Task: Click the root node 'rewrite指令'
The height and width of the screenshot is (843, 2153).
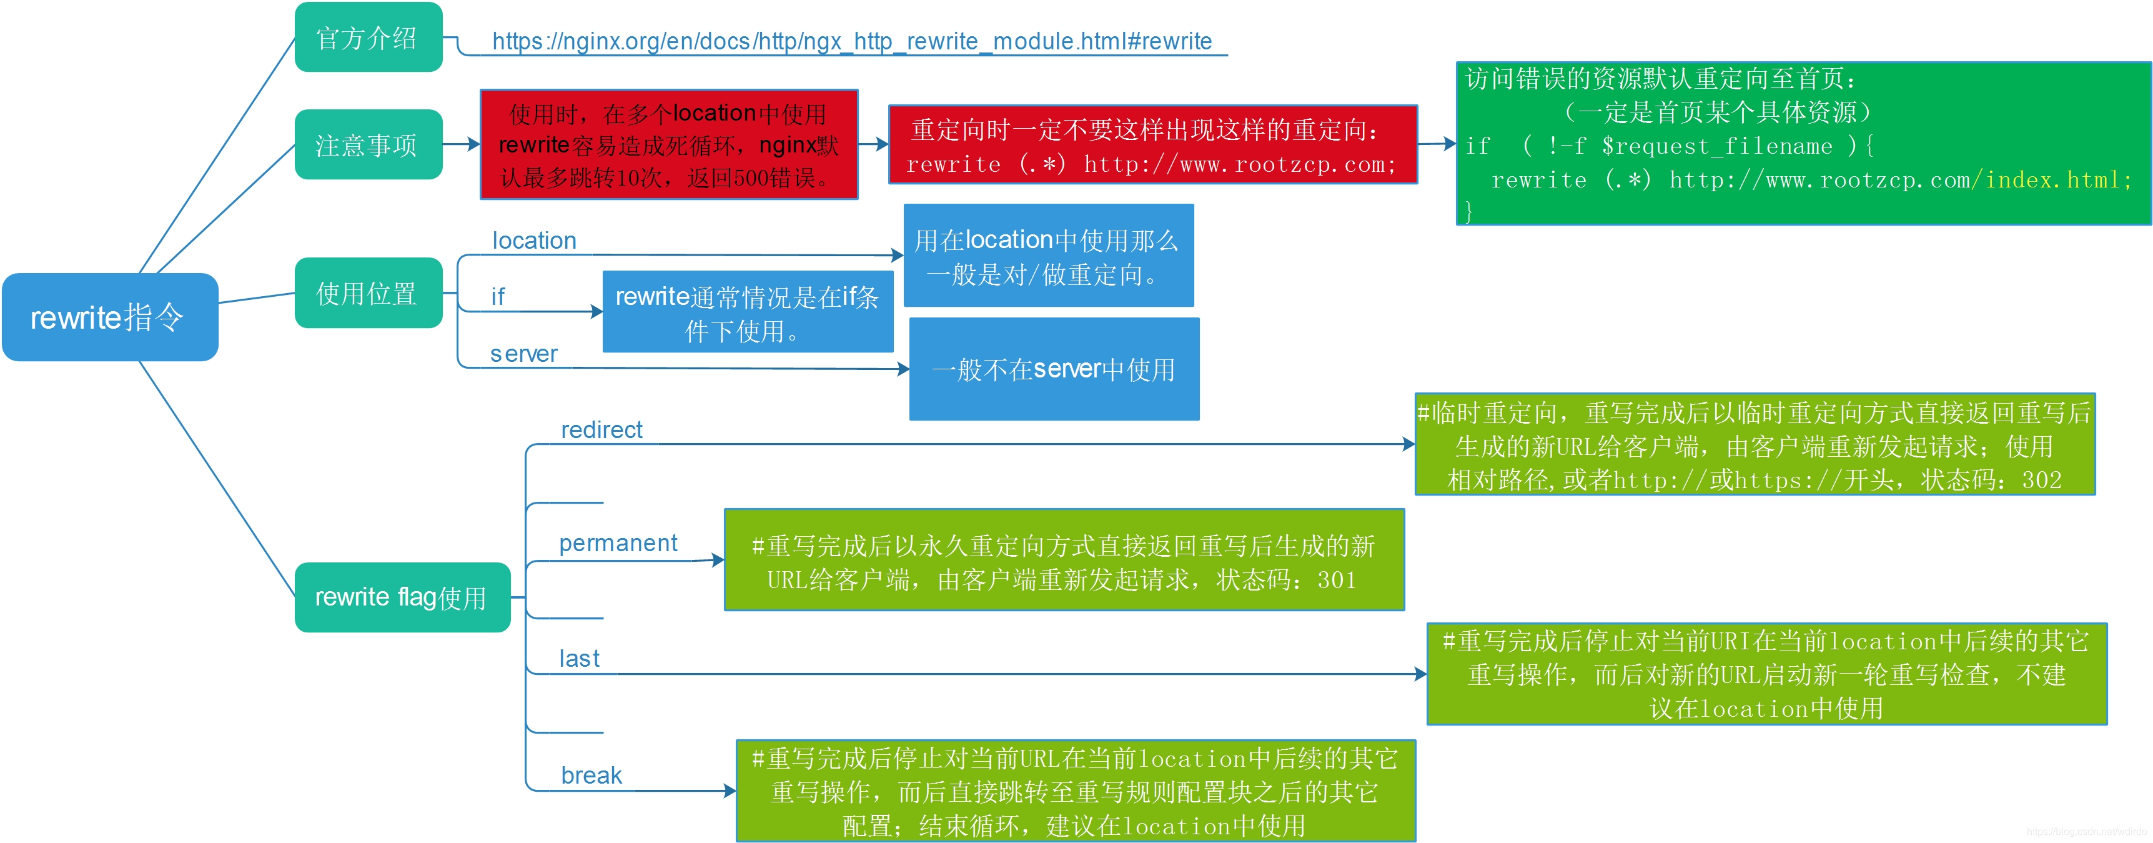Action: pos(109,317)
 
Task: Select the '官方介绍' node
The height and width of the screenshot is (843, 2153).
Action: pos(368,37)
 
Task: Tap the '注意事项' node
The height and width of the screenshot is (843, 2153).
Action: pos(368,145)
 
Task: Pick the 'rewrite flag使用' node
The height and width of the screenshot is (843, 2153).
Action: pos(402,597)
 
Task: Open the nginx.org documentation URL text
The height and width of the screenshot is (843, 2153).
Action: pos(851,41)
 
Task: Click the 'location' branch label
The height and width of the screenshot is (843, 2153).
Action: pos(534,241)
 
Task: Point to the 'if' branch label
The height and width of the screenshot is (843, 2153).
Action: pos(498,297)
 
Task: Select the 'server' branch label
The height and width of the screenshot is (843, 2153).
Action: pos(523,354)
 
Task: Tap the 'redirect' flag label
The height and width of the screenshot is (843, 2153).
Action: pos(601,430)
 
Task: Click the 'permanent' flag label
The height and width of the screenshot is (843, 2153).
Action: pos(618,544)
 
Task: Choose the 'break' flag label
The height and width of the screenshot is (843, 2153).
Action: pos(591,776)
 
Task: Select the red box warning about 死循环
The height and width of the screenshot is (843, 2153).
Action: pos(668,145)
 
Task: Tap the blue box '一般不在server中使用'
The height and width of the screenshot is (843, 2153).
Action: pos(1054,369)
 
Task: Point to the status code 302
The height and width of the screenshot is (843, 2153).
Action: pos(2041,480)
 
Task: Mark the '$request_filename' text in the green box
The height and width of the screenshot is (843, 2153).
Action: pos(1717,146)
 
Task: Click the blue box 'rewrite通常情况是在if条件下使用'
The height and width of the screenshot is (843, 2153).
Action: pos(747,313)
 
